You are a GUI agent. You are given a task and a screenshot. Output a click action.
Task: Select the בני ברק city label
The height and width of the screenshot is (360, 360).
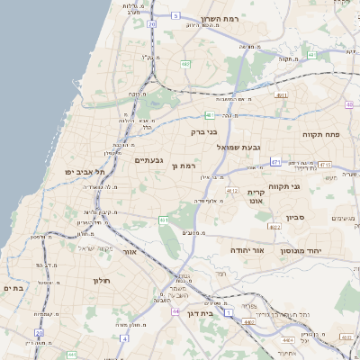(x=205, y=131)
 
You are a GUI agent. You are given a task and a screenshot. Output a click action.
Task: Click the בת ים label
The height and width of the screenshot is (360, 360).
(x=12, y=287)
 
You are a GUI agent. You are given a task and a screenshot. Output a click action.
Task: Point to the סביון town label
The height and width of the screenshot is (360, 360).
(x=296, y=218)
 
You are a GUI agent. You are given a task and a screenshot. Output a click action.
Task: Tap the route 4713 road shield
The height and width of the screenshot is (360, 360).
(x=325, y=165)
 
